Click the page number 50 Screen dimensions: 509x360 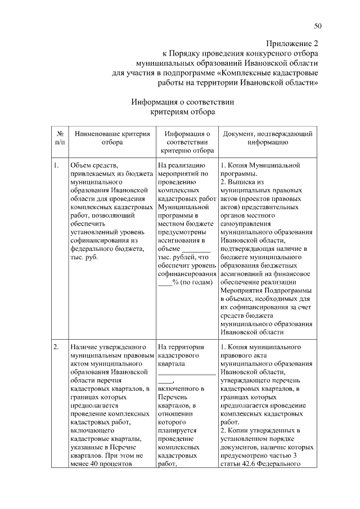318,26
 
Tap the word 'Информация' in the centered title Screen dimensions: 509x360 155,102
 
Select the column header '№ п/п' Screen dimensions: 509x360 60,138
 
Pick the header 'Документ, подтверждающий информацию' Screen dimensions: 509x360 268,138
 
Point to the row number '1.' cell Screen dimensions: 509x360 57,166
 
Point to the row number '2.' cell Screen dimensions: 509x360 57,347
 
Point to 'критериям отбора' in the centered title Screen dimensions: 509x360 182,112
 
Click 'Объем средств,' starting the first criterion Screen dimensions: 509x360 94,166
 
